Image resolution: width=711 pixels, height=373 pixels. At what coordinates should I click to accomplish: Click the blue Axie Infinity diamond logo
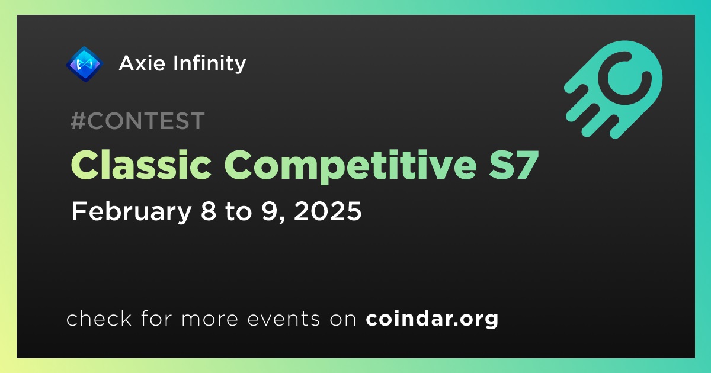pyautogui.click(x=84, y=64)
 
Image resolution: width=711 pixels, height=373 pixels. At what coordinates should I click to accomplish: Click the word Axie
pyautogui.click(x=142, y=63)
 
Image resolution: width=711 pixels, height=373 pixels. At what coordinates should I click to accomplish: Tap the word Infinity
pyautogui.click(x=210, y=64)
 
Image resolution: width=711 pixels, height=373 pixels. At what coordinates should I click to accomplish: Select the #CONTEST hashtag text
pyautogui.click(x=137, y=121)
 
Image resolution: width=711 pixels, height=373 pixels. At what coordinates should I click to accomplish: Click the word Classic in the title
pyautogui.click(x=141, y=165)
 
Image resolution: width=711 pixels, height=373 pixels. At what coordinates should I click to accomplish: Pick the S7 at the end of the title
pyautogui.click(x=514, y=165)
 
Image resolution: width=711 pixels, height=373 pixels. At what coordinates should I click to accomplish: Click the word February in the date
pyautogui.click(x=131, y=212)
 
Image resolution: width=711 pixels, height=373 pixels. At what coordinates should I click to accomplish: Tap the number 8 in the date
pyautogui.click(x=209, y=211)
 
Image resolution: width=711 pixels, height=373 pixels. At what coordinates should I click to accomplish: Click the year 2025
pyautogui.click(x=328, y=211)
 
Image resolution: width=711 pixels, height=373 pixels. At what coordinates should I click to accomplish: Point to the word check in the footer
pyautogui.click(x=99, y=318)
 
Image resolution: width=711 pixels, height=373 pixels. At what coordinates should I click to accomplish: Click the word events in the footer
pyautogui.click(x=283, y=319)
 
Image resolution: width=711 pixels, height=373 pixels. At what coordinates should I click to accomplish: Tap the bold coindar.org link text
pyautogui.click(x=432, y=319)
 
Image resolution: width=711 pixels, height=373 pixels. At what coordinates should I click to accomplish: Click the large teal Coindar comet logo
pyautogui.click(x=613, y=89)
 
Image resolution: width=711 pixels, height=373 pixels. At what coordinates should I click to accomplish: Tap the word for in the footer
pyautogui.click(x=156, y=318)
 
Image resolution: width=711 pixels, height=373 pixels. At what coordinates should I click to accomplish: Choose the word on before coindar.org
pyautogui.click(x=343, y=320)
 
